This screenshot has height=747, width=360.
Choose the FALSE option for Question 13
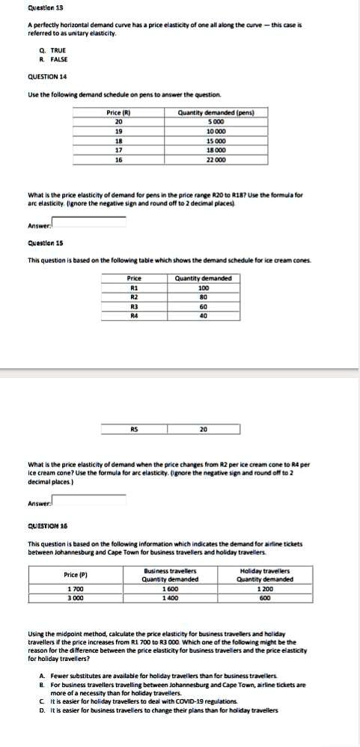51,58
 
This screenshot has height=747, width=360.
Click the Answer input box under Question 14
88,221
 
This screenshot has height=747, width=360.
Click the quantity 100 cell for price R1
203,287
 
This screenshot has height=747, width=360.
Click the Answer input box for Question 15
88,499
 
